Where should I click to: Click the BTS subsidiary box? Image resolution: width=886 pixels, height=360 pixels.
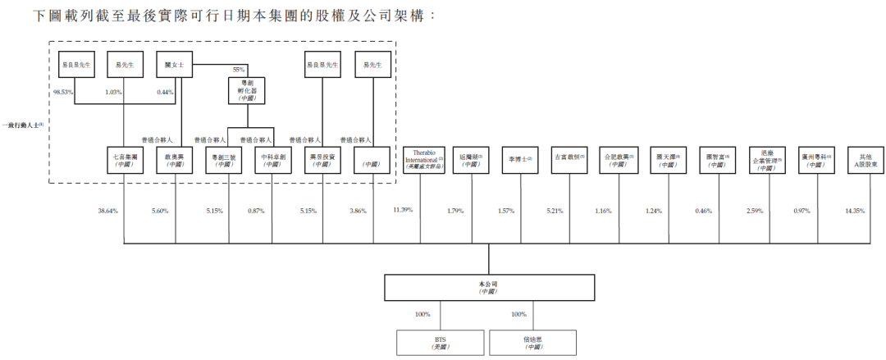click(441, 342)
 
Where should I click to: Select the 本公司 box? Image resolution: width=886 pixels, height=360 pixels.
click(489, 287)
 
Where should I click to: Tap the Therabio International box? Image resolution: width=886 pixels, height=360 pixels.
click(422, 159)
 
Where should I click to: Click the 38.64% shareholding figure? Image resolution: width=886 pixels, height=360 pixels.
click(108, 211)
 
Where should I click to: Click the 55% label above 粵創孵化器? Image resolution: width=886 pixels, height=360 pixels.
click(240, 70)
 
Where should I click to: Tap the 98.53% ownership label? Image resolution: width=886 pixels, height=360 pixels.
click(64, 93)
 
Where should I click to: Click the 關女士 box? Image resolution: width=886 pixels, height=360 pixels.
click(174, 65)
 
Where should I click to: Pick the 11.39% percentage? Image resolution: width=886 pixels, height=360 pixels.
click(403, 211)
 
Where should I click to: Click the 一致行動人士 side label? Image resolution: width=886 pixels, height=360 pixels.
click(24, 125)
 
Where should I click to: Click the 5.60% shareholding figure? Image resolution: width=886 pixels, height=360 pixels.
click(159, 211)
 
